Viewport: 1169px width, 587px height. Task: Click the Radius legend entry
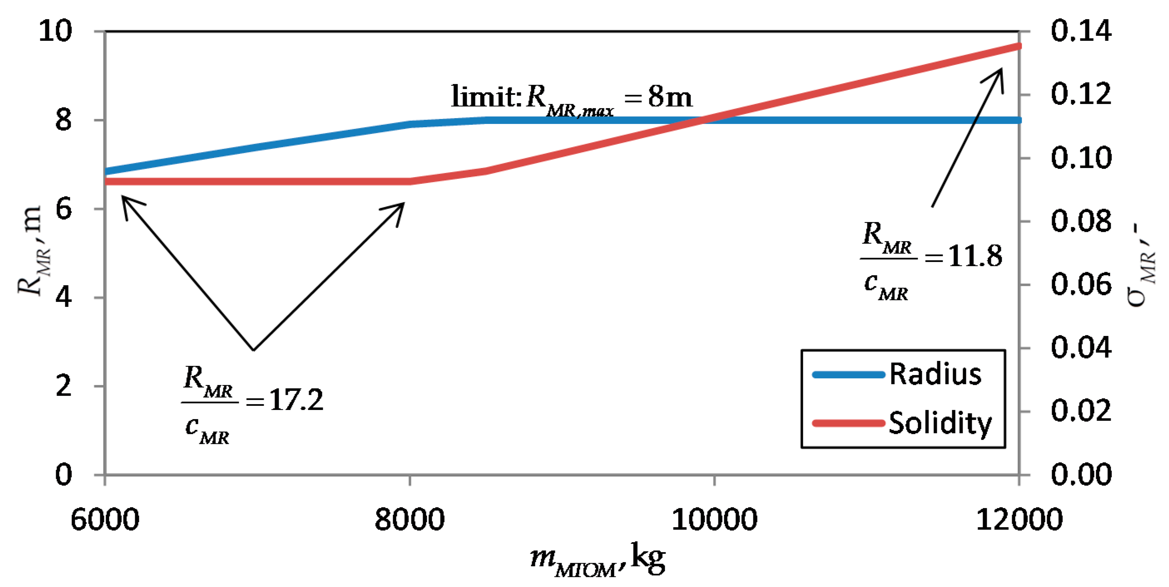pos(935,374)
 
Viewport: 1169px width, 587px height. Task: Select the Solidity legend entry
pos(939,423)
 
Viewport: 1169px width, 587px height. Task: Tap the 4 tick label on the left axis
pos(63,298)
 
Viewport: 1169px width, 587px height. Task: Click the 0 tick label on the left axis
pos(63,474)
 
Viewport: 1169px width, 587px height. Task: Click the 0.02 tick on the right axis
pos(1081,411)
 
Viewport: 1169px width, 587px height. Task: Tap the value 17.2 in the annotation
pos(296,400)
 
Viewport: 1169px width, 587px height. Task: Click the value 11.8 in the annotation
pos(975,257)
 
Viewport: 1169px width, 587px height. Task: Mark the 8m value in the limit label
pos(670,96)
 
